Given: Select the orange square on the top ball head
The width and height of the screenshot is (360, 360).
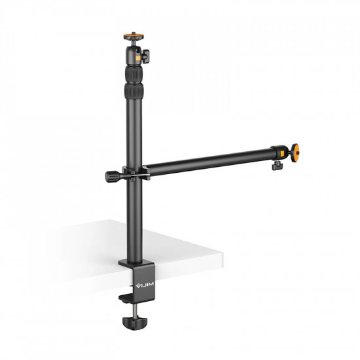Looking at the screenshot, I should pyautogui.click(x=138, y=58).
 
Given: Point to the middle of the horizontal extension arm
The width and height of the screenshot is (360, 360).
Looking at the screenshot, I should pyautogui.click(x=209, y=160).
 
